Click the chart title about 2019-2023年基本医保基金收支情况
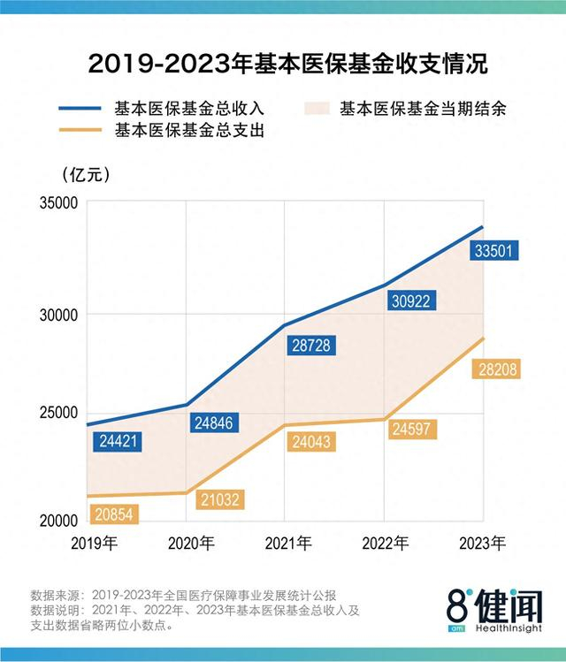point(283,65)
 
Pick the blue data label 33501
point(495,251)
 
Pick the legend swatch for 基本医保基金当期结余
point(316,109)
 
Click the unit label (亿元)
point(86,174)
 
